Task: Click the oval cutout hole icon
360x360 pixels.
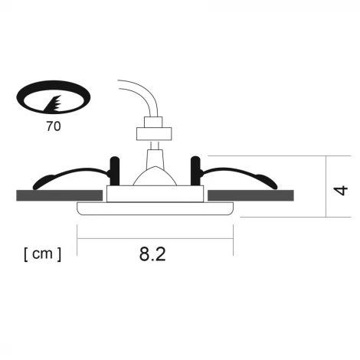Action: [53, 99]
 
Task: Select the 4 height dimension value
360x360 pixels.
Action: [342, 187]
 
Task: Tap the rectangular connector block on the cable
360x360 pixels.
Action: [152, 131]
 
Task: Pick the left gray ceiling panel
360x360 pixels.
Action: [61, 196]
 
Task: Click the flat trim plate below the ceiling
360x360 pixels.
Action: [155, 208]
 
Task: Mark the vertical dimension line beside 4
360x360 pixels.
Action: [328, 186]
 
